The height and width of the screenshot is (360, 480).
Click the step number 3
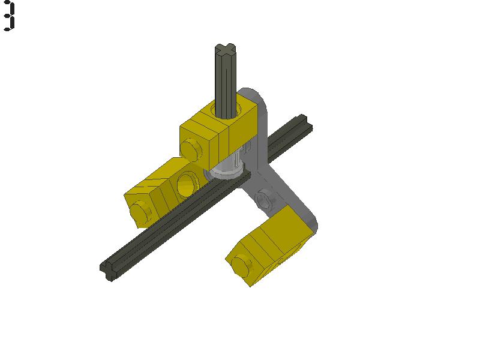pyautogui.click(x=8, y=16)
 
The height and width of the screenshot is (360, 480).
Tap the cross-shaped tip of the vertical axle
pyautogui.click(x=226, y=50)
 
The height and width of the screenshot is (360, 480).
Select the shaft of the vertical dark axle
pyautogui.click(x=226, y=81)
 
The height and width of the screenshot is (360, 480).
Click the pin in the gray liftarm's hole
pyautogui.click(x=265, y=199)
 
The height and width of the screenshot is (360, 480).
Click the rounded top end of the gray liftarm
pyautogui.click(x=252, y=96)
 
